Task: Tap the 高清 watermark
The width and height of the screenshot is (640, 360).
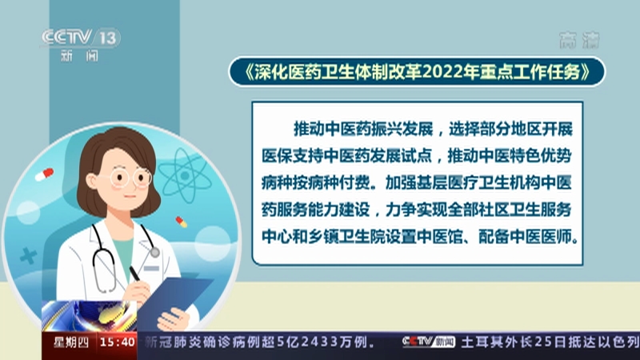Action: pyautogui.click(x=579, y=41)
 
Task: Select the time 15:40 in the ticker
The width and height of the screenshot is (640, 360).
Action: pyautogui.click(x=118, y=342)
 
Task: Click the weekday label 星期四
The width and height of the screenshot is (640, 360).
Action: pyautogui.click(x=71, y=342)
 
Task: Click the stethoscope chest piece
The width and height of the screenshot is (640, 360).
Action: pyautogui.click(x=154, y=253)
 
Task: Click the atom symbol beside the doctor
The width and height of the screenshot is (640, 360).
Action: pyautogui.click(x=185, y=175)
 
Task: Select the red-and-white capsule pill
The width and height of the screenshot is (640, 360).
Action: pyautogui.click(x=45, y=174)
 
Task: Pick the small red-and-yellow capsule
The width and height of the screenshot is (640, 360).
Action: pyautogui.click(x=182, y=222)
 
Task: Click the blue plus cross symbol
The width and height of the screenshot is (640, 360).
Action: pyautogui.click(x=29, y=256)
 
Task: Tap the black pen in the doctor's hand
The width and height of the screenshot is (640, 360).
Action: pyautogui.click(x=134, y=273)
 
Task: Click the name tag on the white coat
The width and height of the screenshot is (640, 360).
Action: pyautogui.click(x=151, y=268)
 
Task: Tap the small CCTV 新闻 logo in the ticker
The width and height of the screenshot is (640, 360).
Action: pyautogui.click(x=428, y=342)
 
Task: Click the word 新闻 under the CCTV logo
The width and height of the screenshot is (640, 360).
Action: pyautogui.click(x=79, y=56)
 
